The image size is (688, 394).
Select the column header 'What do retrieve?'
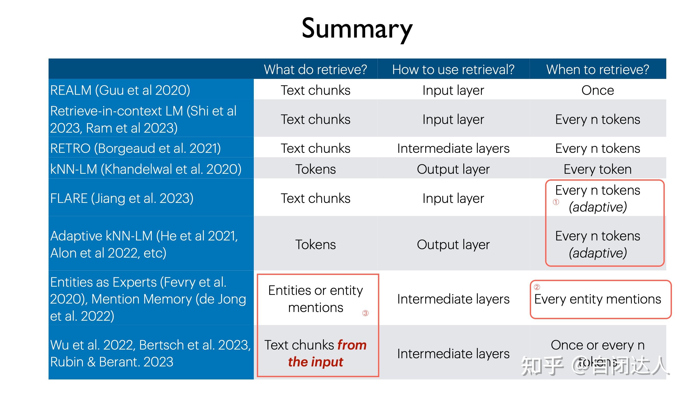tap(315, 69)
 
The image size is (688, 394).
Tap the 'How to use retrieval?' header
tap(453, 69)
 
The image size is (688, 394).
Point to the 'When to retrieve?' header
tap(598, 69)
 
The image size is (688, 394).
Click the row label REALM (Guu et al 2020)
tap(120, 90)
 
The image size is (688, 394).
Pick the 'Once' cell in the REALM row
tap(598, 90)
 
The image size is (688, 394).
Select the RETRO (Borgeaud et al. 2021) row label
tap(135, 148)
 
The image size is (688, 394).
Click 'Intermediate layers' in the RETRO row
tap(453, 148)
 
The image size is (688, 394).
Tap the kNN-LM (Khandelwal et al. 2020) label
tap(146, 169)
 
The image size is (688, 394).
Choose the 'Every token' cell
tap(598, 169)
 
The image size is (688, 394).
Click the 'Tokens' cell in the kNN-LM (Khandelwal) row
tap(315, 169)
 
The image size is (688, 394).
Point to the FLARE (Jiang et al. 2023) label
tap(122, 198)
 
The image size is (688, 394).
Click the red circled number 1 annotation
tap(556, 202)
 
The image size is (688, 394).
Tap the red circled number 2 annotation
tap(537, 287)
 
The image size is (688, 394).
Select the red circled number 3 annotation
tap(365, 313)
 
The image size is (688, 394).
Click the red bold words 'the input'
tap(315, 362)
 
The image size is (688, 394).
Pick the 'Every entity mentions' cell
tap(598, 299)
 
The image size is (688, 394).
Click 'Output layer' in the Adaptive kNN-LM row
tap(453, 245)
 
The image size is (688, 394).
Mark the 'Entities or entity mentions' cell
tap(315, 299)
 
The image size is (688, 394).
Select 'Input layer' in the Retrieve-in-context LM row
tap(453, 119)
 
